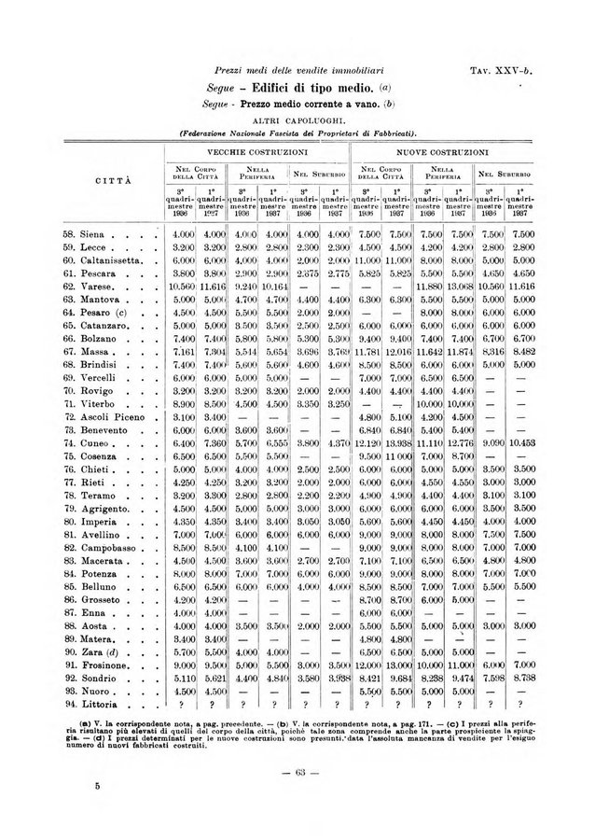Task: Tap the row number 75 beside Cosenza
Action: coord(70,454)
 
